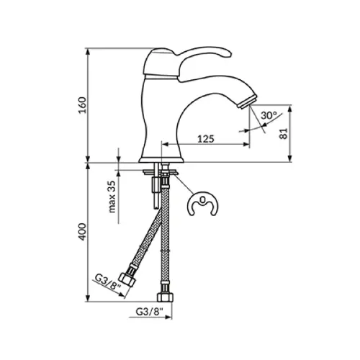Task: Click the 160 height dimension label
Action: [83, 105]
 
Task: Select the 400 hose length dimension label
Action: [83, 232]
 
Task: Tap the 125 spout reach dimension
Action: [206, 138]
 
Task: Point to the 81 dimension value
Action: [284, 133]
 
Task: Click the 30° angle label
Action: [269, 115]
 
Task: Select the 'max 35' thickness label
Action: [112, 197]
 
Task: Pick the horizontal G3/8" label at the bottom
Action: [149, 312]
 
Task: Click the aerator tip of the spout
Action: [247, 102]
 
